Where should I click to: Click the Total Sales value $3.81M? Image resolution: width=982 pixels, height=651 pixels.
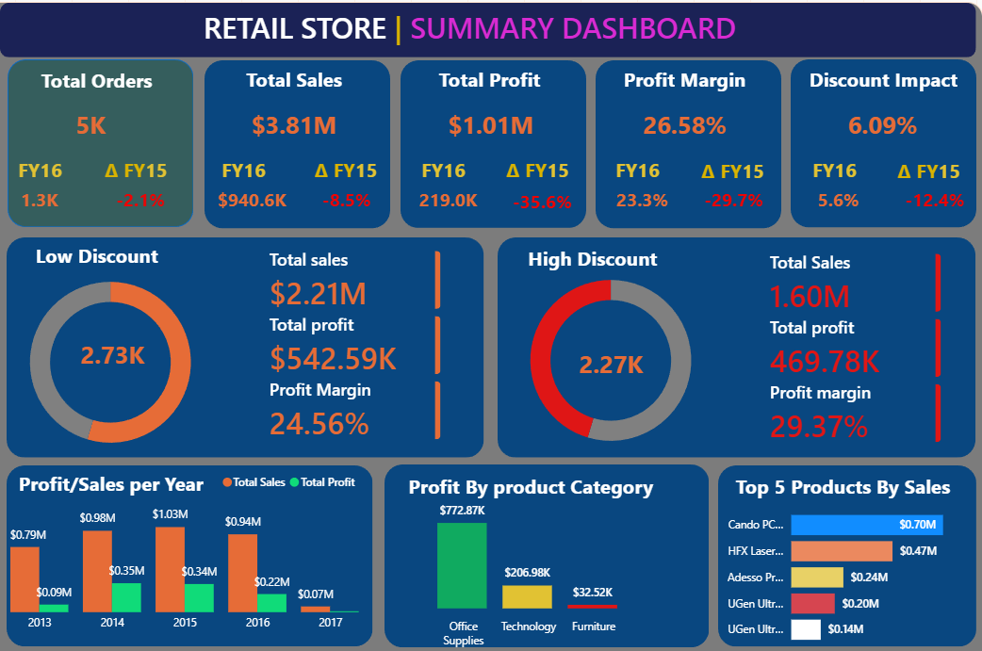coord(294,125)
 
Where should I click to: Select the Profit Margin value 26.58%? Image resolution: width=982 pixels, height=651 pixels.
coord(684,125)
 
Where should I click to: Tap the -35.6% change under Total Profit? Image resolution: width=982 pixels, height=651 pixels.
coord(542,202)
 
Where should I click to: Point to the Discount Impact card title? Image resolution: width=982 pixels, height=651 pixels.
coord(883,81)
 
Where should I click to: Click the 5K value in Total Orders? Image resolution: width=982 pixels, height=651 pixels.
coord(91,125)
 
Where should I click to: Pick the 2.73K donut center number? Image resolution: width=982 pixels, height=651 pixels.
coord(112,355)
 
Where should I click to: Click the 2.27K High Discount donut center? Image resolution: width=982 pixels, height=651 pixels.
coord(611,365)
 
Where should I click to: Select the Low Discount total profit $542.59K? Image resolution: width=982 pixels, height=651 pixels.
coord(333,358)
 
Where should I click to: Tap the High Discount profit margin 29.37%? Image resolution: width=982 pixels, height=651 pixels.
coord(818,427)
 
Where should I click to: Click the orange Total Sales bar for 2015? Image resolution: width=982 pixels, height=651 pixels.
coord(170,569)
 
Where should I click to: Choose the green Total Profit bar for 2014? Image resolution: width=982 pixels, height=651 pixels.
coord(126,597)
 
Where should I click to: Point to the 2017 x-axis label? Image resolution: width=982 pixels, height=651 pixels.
coord(329,623)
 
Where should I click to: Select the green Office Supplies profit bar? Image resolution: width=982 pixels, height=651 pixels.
coord(462,565)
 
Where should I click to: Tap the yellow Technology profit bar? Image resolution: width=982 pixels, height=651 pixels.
coord(527,596)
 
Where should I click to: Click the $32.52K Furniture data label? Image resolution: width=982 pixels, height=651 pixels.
coord(593,593)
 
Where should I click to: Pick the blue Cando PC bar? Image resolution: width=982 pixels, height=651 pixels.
coord(866,525)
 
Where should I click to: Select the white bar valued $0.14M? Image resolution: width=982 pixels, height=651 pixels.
coord(806,629)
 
